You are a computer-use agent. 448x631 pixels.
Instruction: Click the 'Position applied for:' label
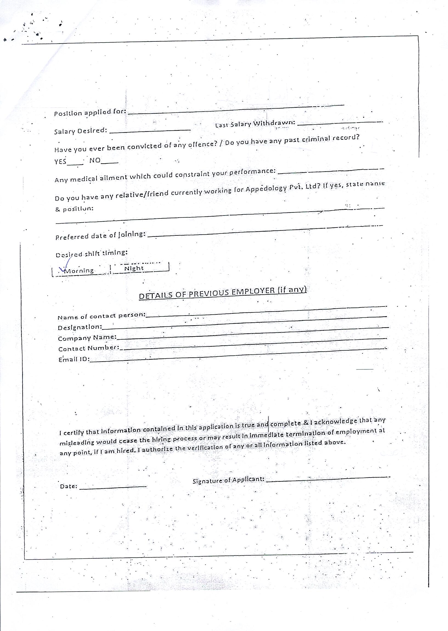coord(90,113)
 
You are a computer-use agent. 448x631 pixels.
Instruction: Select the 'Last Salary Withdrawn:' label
coord(255,124)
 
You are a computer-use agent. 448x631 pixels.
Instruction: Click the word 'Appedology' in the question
coord(266,189)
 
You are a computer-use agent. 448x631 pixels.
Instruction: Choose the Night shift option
coord(134,268)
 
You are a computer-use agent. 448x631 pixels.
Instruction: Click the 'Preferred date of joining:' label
coord(100,235)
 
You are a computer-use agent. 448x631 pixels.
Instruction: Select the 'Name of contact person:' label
coord(102,316)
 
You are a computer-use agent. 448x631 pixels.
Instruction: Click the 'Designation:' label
coord(80,327)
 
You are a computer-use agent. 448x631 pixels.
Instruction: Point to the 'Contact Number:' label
coord(89,348)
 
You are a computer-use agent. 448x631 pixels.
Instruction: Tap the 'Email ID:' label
coord(74,359)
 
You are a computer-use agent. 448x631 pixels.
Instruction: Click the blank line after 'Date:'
coord(113,487)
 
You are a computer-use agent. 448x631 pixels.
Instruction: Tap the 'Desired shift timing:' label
coord(92,253)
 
